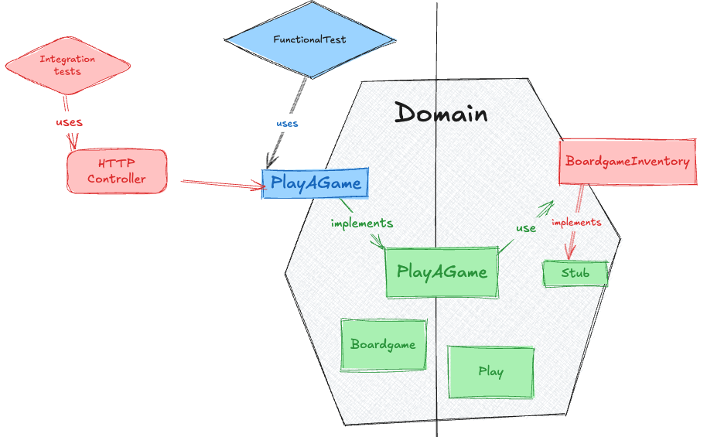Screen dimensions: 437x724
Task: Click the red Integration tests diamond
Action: [67, 65]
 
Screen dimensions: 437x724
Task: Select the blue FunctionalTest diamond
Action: [309, 39]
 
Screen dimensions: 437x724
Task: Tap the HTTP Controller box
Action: [117, 171]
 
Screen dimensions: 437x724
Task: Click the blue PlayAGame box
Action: [316, 183]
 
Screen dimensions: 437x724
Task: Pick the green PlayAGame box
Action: [442, 272]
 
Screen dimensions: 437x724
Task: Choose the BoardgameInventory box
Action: [627, 162]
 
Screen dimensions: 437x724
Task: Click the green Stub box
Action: [575, 273]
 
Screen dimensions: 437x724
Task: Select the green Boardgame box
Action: [383, 344]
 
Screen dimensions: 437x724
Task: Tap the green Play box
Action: [491, 371]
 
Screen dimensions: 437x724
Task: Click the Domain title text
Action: [442, 114]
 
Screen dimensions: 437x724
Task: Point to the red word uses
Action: [69, 122]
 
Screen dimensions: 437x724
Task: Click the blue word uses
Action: [287, 123]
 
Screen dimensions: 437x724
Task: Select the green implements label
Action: [361, 224]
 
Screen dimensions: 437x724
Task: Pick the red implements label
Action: [576, 222]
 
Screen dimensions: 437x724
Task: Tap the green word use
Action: [526, 228]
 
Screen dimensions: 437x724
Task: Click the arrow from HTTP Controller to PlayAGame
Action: [220, 183]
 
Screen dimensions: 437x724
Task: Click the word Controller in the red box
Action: [116, 179]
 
